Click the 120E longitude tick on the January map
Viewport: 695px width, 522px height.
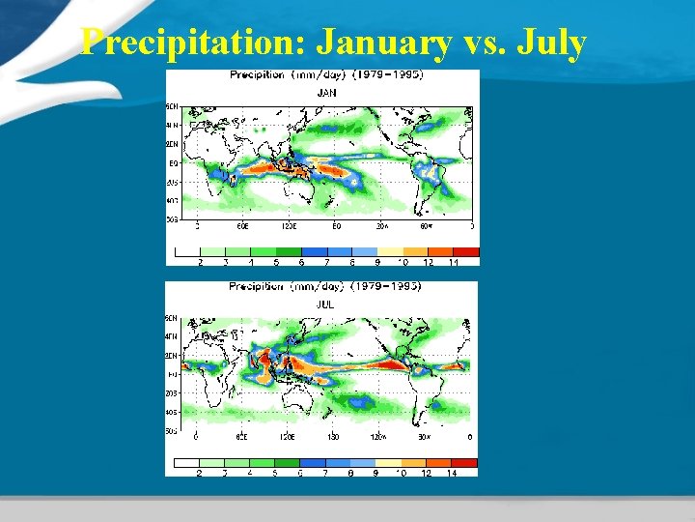click(x=289, y=226)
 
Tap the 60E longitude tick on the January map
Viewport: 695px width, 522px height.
click(x=243, y=226)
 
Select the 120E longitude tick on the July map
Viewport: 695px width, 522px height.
click(x=288, y=437)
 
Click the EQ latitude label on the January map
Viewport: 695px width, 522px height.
click(x=173, y=163)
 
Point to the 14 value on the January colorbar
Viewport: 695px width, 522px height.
click(x=454, y=262)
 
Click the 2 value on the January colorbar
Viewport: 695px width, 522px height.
click(x=201, y=262)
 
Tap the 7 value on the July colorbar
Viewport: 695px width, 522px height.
click(x=325, y=473)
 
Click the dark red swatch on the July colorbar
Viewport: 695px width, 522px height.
click(x=464, y=463)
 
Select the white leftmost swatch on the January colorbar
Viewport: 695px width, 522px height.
click(x=188, y=251)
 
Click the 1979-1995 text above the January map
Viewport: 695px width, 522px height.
click(x=388, y=74)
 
